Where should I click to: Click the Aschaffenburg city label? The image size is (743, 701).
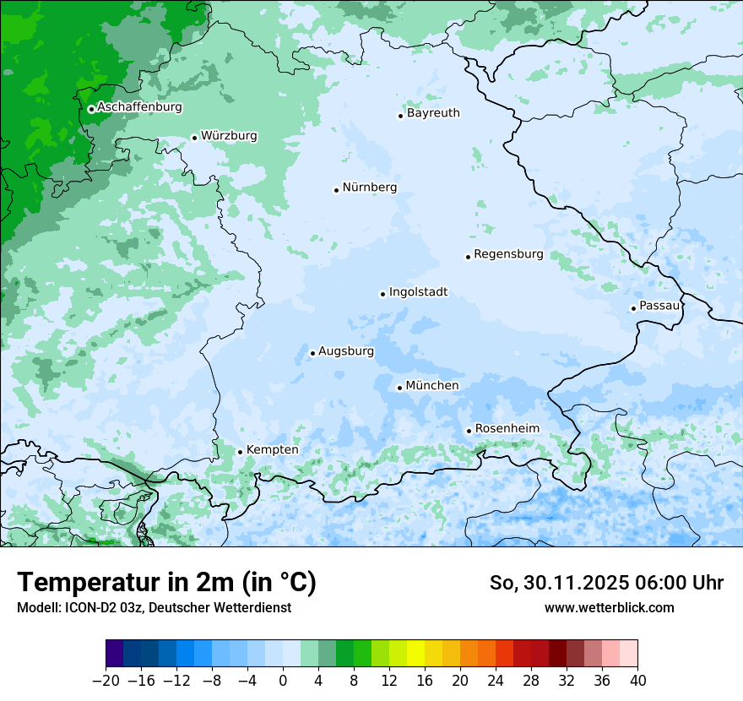point(139,107)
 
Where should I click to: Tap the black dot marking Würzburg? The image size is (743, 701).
point(194,138)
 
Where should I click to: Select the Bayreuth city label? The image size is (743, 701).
point(433,113)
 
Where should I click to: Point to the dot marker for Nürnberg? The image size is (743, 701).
point(336,190)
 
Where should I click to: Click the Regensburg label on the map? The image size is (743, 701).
point(508,254)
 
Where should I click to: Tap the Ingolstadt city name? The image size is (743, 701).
point(418,292)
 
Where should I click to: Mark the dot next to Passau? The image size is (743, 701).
point(633,308)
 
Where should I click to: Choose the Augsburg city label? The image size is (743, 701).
point(346,351)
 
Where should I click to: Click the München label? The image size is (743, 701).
point(432,386)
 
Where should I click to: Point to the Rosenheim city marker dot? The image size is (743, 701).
point(469,431)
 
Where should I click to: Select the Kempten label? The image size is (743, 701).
point(272,450)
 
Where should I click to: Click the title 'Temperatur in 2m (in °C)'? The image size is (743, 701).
point(166,582)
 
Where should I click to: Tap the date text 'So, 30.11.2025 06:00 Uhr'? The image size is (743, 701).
point(606,583)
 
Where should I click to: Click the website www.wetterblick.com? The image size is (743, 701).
point(609,607)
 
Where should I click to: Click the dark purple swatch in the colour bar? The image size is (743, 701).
point(115,654)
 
